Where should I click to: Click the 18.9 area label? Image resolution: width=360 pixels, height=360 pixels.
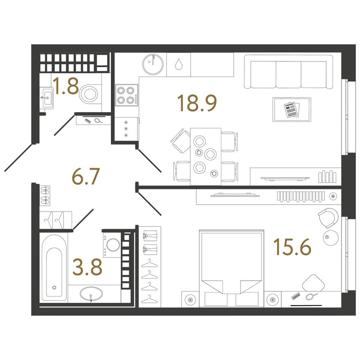tap(197, 103)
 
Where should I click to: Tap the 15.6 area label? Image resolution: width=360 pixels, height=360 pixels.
tap(292, 247)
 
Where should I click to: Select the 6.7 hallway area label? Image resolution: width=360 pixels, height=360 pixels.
tap(85, 176)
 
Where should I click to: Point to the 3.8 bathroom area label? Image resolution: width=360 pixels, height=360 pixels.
tap(87, 267)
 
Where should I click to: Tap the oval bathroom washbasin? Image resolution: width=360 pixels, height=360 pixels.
tap(91, 294)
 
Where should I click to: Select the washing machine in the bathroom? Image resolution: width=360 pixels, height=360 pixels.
tap(112, 245)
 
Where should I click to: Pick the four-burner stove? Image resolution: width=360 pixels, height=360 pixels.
tap(127, 95)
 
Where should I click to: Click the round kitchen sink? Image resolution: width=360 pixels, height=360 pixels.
tap(153, 64)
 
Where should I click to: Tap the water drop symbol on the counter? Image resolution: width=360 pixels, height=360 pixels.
tap(178, 64)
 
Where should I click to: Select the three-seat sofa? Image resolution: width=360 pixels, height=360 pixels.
tap(288, 72)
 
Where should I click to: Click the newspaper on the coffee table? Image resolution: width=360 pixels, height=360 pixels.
tap(292, 110)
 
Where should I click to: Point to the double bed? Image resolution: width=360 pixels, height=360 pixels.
tap(232, 268)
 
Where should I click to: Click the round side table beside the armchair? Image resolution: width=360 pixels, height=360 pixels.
tap(331, 238)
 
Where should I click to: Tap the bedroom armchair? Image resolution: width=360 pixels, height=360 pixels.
tap(328, 218)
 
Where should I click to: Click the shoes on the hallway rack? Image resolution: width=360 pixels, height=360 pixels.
tap(45, 196)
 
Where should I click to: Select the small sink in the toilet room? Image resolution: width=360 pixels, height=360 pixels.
tap(47, 98)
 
